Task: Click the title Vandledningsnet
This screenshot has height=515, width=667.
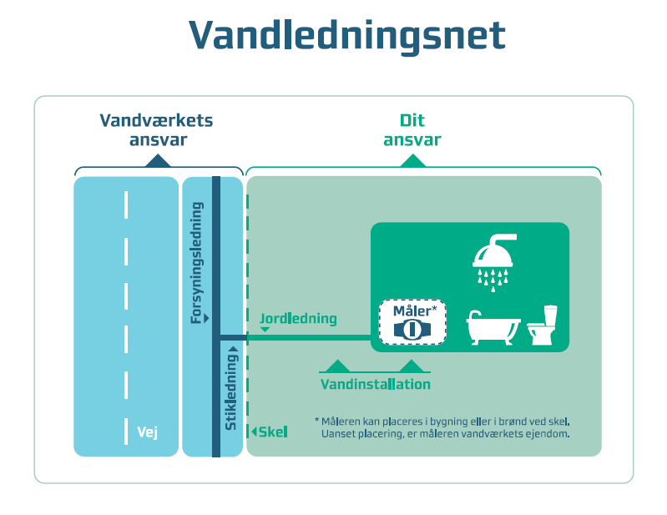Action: coord(346,36)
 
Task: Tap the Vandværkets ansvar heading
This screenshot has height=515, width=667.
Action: coord(157,130)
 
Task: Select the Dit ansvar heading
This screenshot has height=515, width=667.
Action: coord(412,130)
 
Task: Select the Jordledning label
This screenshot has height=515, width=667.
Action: coord(298,319)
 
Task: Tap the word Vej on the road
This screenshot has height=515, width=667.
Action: coord(147,432)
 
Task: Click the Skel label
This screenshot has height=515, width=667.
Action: coord(273,432)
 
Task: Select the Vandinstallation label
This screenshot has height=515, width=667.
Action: coord(376,385)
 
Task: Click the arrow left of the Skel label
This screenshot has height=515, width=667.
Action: coord(255,432)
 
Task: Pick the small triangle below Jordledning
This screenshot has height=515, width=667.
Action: coord(265,331)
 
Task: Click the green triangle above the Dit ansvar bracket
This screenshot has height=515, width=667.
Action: coord(412,161)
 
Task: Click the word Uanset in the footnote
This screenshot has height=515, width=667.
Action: coord(339,434)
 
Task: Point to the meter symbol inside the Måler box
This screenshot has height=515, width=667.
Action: coord(412,328)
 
